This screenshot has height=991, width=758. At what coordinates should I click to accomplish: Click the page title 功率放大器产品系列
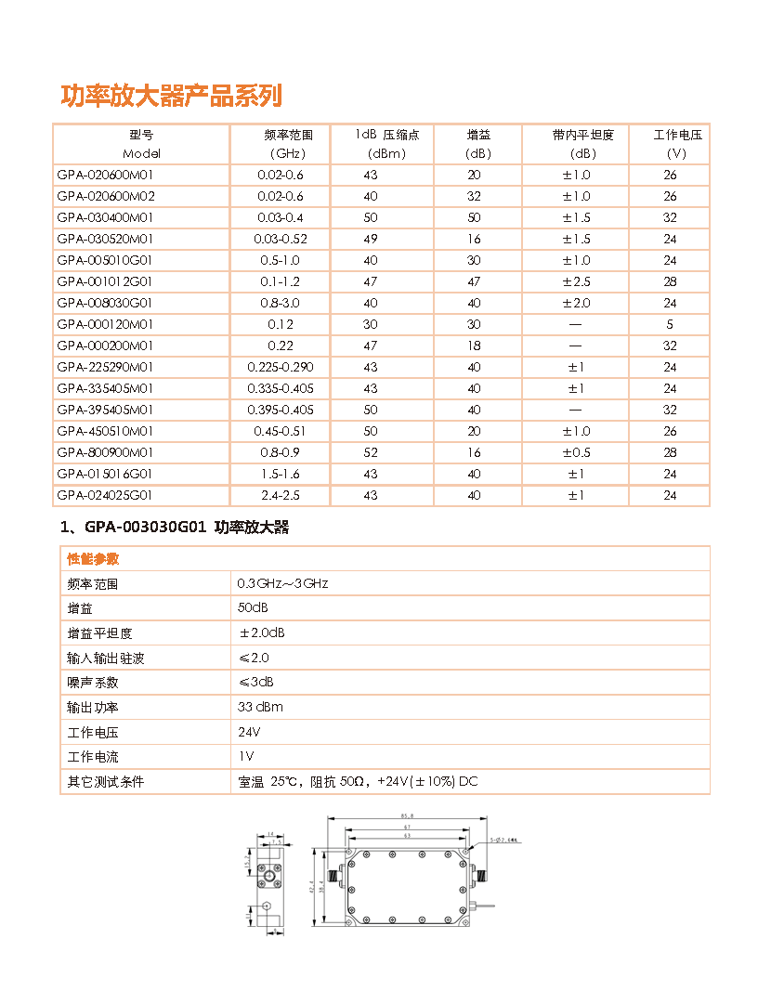click(x=171, y=96)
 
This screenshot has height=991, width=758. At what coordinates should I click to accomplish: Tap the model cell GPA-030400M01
click(x=105, y=217)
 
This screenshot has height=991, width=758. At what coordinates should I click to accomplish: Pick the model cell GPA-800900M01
click(x=105, y=452)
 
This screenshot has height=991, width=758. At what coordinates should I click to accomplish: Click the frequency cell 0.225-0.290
click(x=281, y=367)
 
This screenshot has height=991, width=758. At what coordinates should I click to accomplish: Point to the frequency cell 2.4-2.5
click(x=281, y=495)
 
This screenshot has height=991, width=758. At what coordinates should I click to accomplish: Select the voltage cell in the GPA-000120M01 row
click(x=670, y=324)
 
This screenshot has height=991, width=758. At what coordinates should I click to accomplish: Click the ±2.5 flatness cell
click(x=576, y=281)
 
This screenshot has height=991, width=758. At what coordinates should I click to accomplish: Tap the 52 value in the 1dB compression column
click(x=371, y=452)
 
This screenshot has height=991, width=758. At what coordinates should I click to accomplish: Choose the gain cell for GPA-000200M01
click(x=475, y=346)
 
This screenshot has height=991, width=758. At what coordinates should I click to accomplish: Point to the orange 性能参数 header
click(x=93, y=559)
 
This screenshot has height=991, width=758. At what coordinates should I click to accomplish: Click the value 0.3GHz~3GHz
click(x=282, y=584)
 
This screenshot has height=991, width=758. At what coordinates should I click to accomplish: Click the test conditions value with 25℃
click(x=358, y=782)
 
